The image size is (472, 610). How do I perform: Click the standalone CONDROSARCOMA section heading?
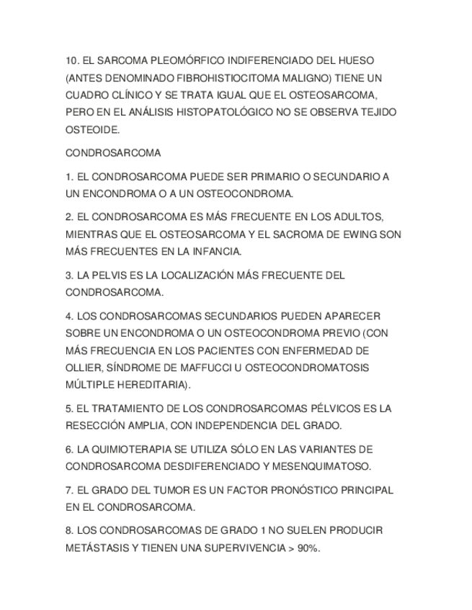113,153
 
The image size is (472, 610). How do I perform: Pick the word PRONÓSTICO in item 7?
303,490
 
